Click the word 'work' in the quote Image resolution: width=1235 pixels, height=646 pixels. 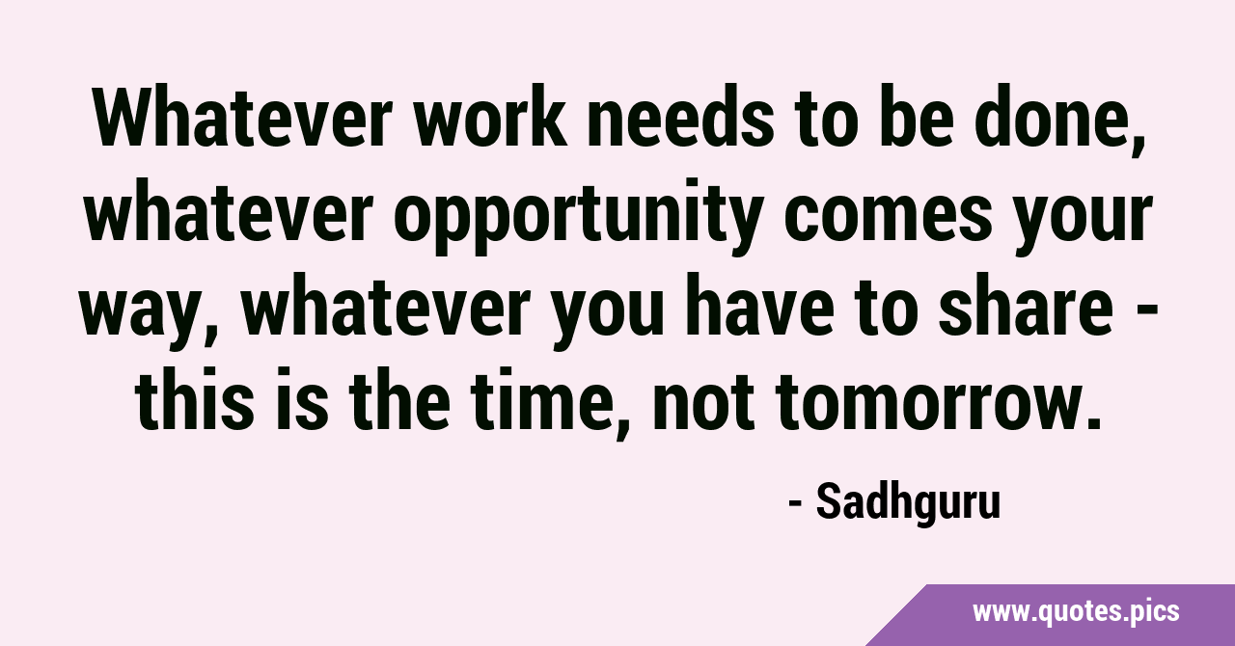point(491,118)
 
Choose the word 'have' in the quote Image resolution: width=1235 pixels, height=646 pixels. point(758,306)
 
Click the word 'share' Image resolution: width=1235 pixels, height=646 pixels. point(1026,306)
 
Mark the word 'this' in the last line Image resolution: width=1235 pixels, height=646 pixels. point(194,399)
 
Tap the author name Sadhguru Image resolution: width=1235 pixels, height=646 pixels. point(908,502)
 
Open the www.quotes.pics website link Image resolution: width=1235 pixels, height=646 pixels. point(1076,612)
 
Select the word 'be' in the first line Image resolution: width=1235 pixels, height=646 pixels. point(917,118)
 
